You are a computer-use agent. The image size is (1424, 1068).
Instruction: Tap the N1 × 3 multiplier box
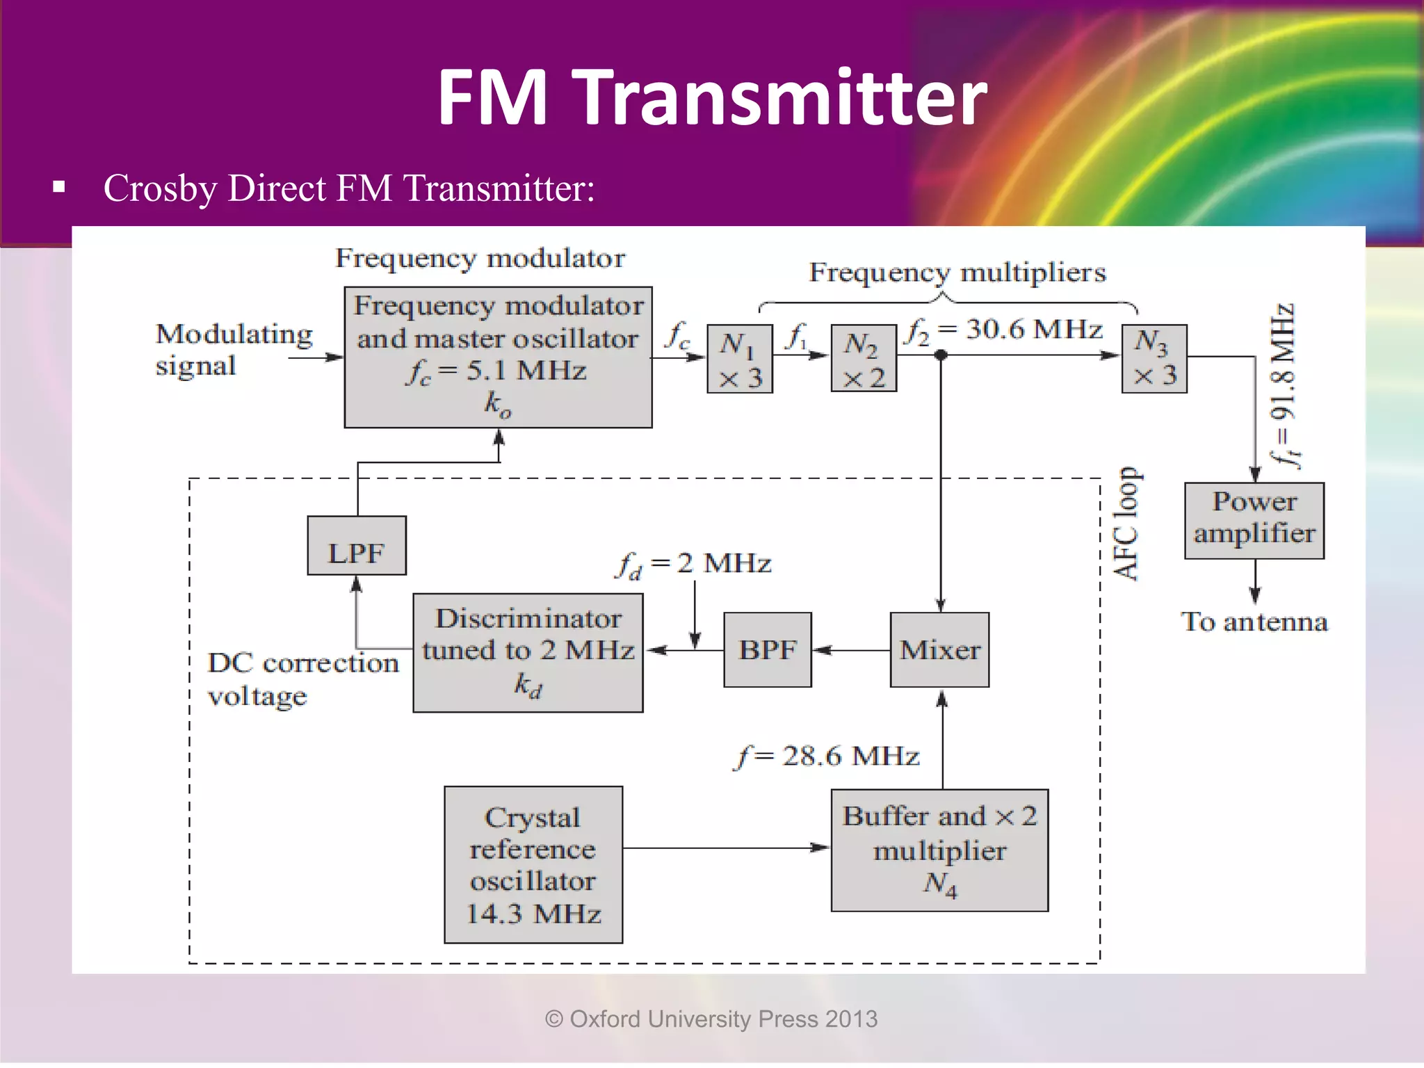click(740, 359)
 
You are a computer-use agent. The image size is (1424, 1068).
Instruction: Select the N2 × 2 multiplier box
click(864, 359)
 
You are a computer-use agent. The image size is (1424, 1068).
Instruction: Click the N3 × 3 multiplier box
click(1154, 359)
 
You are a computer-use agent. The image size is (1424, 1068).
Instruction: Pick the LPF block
click(357, 546)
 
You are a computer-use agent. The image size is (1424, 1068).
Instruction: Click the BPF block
click(768, 650)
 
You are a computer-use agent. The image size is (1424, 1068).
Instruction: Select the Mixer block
click(939, 650)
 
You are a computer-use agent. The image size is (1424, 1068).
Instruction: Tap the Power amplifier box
click(1254, 521)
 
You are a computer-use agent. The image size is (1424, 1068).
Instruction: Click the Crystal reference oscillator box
click(533, 864)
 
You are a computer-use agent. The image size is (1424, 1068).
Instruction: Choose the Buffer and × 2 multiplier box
click(939, 850)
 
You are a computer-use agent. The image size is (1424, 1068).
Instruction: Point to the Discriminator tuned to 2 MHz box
click(528, 652)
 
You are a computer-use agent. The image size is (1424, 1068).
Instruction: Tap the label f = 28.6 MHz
click(827, 756)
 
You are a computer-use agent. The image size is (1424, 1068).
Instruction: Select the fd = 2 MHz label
click(694, 564)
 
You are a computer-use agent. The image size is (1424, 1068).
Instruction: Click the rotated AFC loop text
click(1126, 524)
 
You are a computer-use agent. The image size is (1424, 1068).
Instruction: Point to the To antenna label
click(1254, 622)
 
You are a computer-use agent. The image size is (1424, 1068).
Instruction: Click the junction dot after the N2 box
click(941, 355)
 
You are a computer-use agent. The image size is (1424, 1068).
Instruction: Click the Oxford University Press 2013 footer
click(711, 1019)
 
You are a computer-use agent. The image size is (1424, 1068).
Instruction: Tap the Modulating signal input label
click(233, 350)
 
